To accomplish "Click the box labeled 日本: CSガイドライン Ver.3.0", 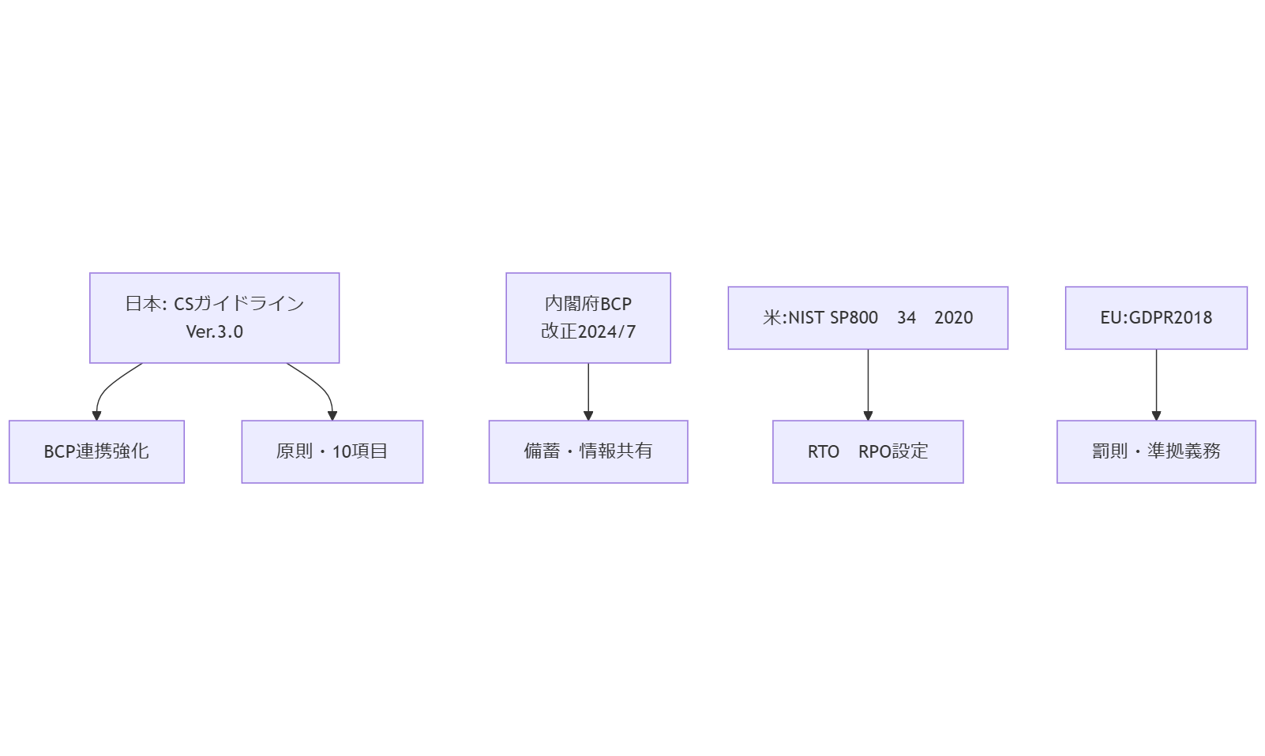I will [x=214, y=318].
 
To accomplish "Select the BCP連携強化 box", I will [x=96, y=451].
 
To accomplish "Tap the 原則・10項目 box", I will [x=332, y=451].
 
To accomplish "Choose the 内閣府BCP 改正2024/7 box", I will [x=587, y=318].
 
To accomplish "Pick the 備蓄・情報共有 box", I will [x=587, y=451].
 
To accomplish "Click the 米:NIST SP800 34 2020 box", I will [x=867, y=318].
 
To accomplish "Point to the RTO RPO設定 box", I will [x=867, y=451].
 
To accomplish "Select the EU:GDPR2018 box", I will [x=1155, y=318].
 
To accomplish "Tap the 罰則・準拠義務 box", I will [x=1155, y=451].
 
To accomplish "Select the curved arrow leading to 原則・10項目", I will [x=320, y=386].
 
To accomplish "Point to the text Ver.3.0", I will [x=214, y=332].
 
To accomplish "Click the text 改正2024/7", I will [x=587, y=332].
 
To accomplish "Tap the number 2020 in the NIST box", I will [x=953, y=318].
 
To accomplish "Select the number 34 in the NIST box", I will [x=906, y=318].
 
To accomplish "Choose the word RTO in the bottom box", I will [x=823, y=452].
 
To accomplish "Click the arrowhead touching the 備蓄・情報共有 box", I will [x=587, y=416].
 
